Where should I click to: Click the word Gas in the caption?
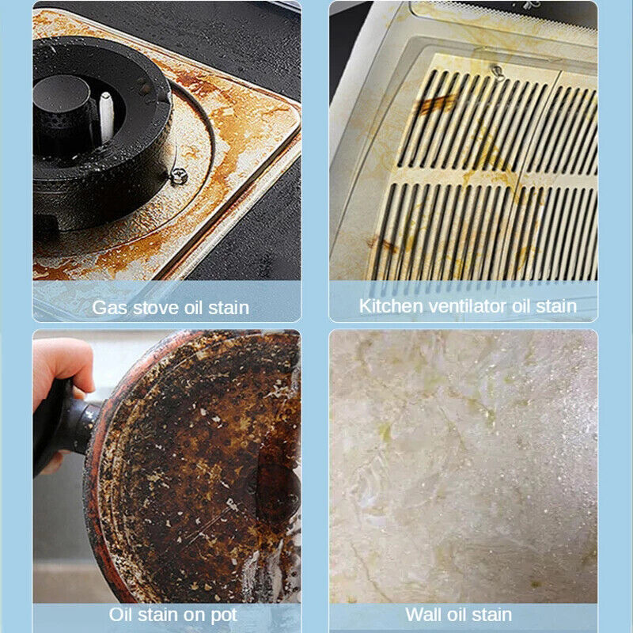tap(109, 307)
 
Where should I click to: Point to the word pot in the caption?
tap(221, 614)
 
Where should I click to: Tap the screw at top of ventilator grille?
tap(495, 72)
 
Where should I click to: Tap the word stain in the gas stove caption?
tap(228, 307)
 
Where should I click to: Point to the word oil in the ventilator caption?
tap(518, 305)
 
